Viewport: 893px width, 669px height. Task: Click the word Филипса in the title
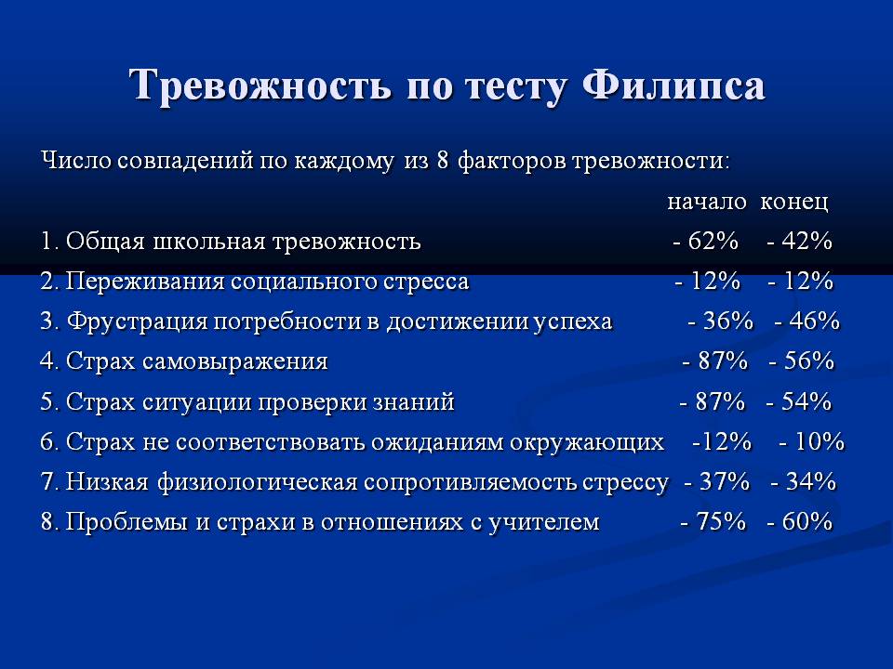tap(673, 85)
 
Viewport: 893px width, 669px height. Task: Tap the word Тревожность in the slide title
tap(260, 85)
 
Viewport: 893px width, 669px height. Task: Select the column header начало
tap(707, 201)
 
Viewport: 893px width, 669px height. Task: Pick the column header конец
tap(793, 202)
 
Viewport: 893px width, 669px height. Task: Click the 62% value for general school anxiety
tap(713, 241)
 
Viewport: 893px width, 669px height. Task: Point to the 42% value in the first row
tap(807, 241)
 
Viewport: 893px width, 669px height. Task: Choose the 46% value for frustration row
tap(815, 321)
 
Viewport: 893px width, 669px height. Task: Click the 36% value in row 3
tap(728, 321)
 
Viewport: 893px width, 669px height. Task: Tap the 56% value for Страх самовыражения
tap(808, 361)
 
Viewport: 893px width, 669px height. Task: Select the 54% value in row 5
tap(806, 401)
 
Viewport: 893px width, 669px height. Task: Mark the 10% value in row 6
tap(820, 440)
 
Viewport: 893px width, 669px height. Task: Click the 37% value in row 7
tap(725, 481)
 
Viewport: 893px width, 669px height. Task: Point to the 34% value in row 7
tap(811, 481)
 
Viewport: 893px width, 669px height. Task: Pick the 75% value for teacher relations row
tap(721, 521)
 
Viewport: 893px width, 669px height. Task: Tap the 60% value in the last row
tap(807, 521)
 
